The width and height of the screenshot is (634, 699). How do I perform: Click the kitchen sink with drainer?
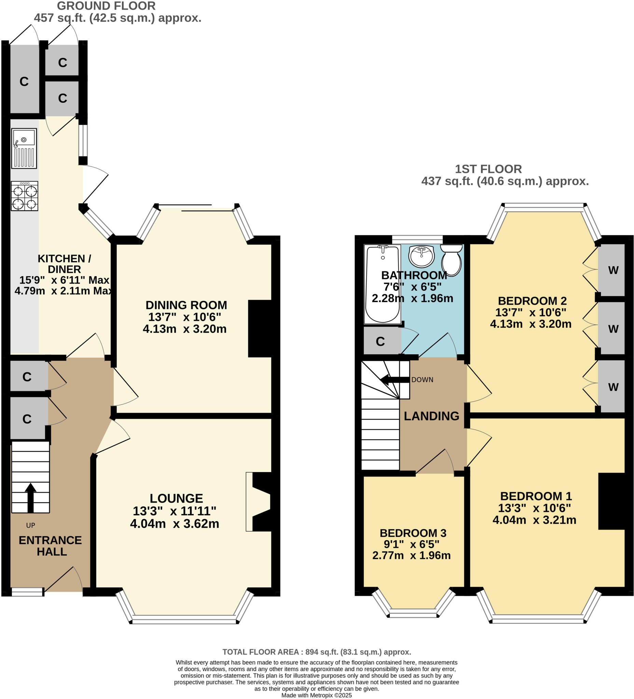24,148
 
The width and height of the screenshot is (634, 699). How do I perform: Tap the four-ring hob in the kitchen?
24,196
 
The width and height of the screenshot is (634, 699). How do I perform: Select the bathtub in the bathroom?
382,284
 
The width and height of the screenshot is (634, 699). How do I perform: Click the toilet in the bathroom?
451,260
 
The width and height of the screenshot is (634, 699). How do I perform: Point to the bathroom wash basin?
421,256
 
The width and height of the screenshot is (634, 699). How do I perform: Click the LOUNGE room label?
176,499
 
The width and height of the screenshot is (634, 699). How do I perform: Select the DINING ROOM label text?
186,305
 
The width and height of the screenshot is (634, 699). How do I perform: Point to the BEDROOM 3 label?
413,533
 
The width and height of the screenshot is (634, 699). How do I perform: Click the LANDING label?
431,416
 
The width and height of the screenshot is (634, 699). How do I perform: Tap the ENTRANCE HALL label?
51,546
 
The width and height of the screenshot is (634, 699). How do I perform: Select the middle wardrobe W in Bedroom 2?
613,329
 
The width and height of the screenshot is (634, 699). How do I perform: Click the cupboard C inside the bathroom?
380,342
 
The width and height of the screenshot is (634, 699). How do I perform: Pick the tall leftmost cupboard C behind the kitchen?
24,82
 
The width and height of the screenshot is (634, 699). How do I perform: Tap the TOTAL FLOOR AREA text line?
316,652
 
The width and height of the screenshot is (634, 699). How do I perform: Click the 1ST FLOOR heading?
488,169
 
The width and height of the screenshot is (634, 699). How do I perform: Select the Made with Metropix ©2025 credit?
316,695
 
